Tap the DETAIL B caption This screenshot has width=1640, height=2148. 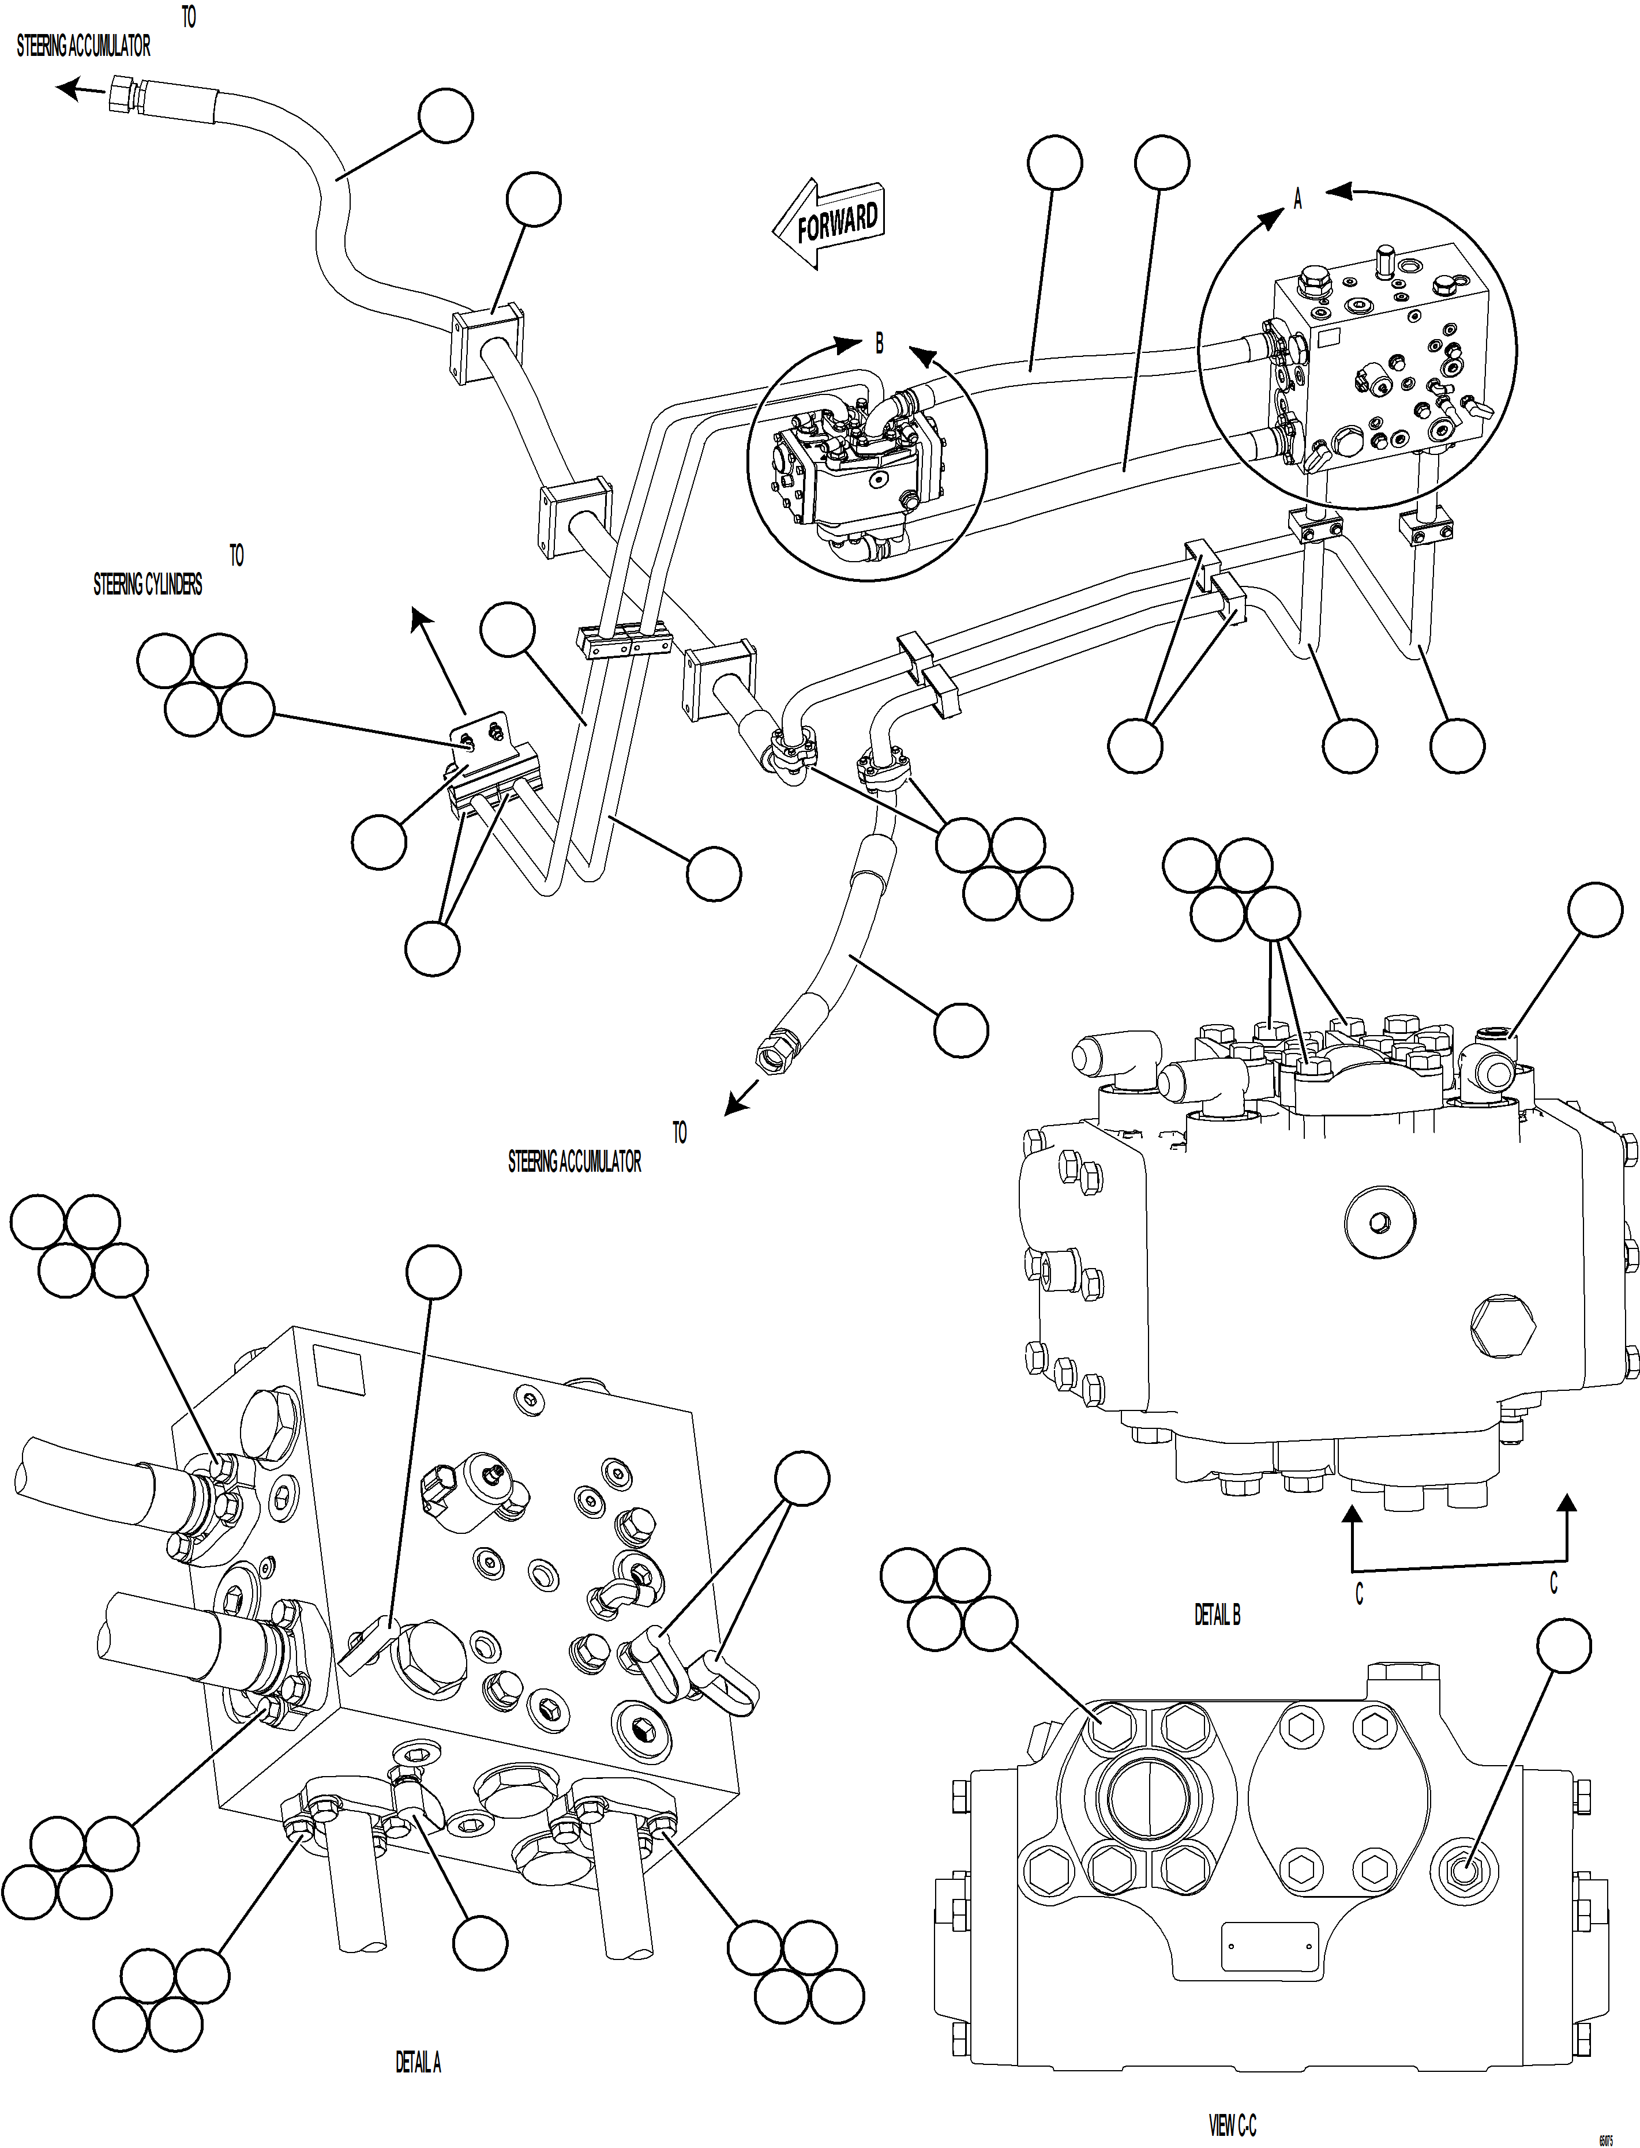[1217, 1615]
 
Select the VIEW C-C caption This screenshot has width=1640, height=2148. [1232, 2124]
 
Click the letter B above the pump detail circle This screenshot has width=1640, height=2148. [879, 344]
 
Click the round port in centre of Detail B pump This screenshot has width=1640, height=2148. [1379, 1222]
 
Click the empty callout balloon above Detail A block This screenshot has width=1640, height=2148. [433, 1272]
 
